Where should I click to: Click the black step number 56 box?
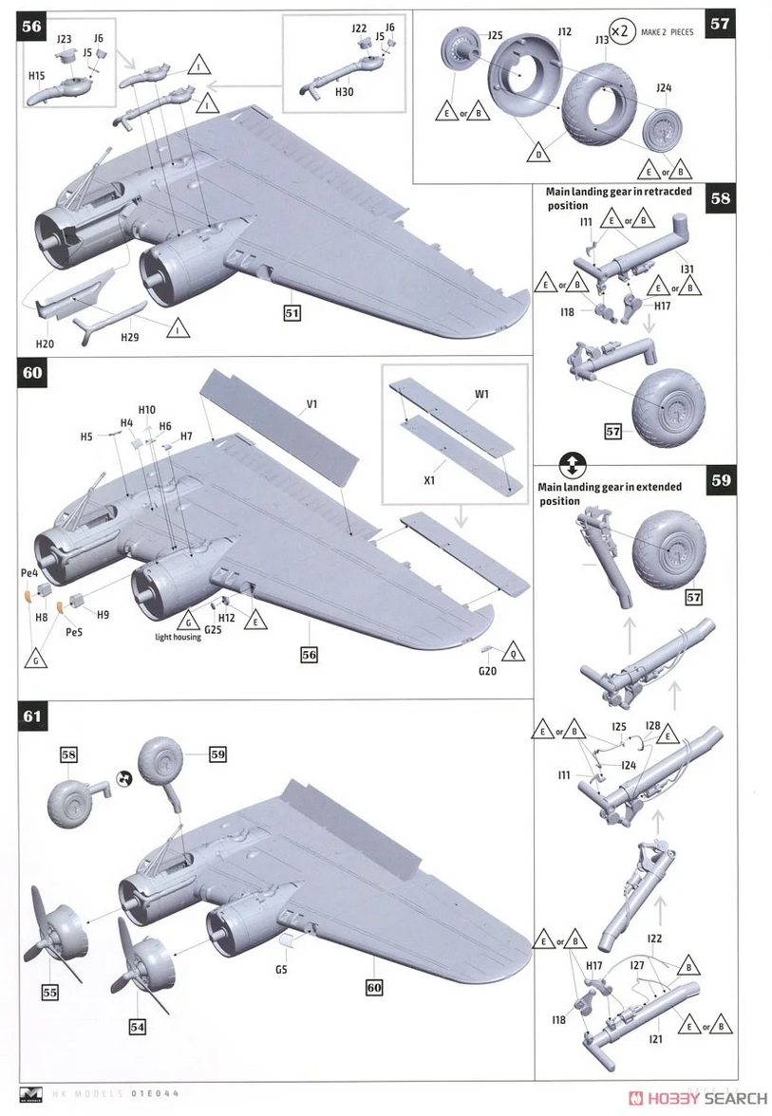tap(31, 26)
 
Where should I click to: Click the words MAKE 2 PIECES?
tap(668, 32)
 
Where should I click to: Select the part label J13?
tap(603, 40)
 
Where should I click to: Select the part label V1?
tap(311, 404)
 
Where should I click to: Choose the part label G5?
tap(281, 970)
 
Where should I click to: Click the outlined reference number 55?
tap(50, 993)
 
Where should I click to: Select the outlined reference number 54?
tap(138, 1026)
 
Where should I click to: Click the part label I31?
tap(687, 269)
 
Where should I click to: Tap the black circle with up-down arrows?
tap(573, 465)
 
